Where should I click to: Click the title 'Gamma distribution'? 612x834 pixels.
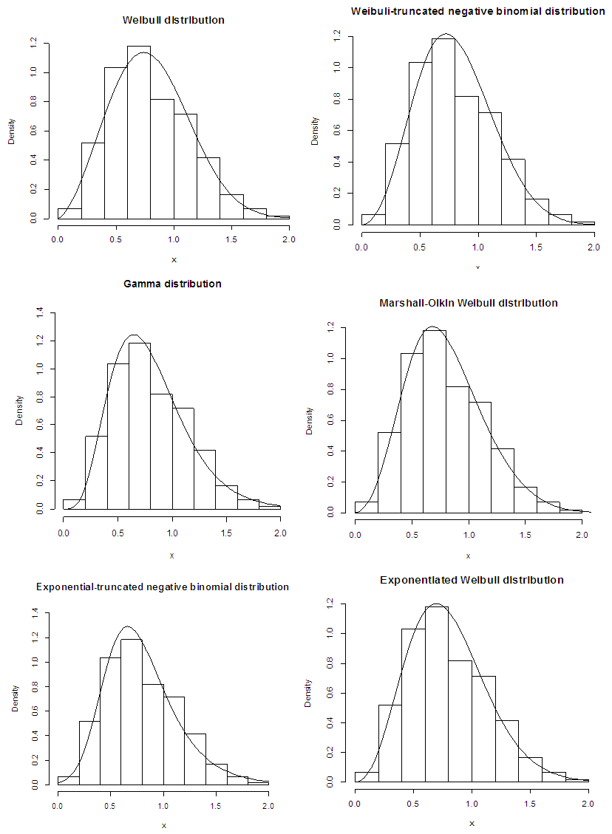click(x=172, y=284)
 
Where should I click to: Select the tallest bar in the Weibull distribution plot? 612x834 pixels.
click(x=138, y=133)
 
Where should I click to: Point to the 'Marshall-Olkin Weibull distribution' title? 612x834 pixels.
click(x=468, y=303)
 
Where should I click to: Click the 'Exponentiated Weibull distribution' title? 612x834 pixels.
click(x=472, y=580)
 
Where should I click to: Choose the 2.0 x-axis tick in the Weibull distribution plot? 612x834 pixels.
click(x=288, y=239)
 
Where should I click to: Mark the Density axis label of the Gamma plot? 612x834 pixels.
click(x=19, y=410)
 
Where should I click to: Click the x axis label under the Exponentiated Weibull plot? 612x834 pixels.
click(x=472, y=822)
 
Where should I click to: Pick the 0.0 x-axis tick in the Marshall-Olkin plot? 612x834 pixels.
click(x=355, y=533)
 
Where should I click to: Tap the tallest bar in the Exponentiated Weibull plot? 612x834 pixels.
click(x=436, y=694)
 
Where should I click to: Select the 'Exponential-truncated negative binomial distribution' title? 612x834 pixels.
click(x=163, y=587)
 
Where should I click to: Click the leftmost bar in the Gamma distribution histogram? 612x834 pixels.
click(x=74, y=505)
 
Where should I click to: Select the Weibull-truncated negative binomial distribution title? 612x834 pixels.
click(x=477, y=11)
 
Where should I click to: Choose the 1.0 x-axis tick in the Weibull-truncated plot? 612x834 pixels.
click(x=478, y=246)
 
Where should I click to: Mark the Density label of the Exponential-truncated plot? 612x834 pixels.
click(x=15, y=698)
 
